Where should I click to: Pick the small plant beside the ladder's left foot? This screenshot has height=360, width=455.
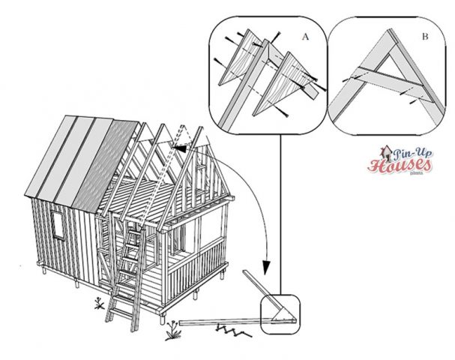tap(99, 302)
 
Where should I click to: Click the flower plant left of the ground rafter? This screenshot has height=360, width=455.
tap(173, 325)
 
